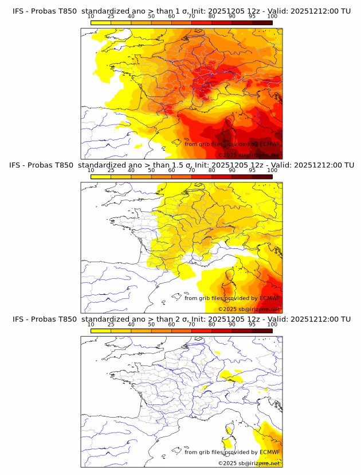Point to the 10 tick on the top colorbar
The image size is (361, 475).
(x=91, y=17)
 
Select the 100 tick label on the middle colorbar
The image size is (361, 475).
(x=272, y=170)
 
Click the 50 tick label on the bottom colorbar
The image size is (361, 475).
(x=151, y=324)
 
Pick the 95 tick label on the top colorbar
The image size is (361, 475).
(x=252, y=17)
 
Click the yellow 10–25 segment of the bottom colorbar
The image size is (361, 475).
(x=101, y=330)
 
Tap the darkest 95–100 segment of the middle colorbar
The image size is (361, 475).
(x=262, y=177)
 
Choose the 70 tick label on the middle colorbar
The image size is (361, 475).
(x=191, y=170)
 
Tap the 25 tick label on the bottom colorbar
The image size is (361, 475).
(x=111, y=324)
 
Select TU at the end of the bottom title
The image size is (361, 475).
(x=346, y=319)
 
